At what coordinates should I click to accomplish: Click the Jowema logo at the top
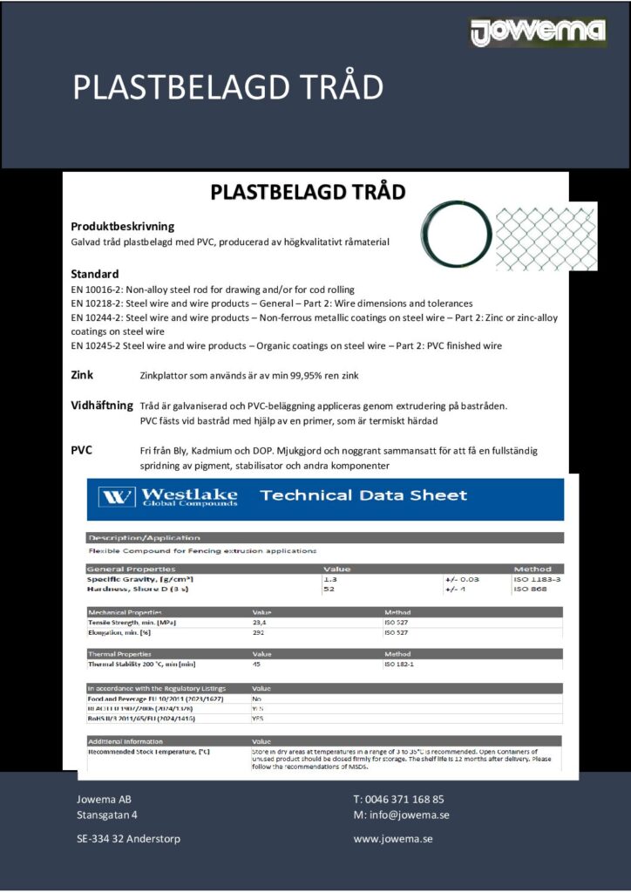537,31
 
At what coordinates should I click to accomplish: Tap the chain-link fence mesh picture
546,236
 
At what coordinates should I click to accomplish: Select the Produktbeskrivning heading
122,226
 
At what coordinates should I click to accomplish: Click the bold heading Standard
94,274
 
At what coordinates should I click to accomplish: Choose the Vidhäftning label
101,406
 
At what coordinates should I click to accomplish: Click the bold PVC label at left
82,450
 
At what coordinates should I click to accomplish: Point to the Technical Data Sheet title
363,495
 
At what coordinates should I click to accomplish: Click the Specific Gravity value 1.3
329,579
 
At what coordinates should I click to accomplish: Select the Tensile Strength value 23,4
259,623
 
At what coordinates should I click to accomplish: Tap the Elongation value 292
258,633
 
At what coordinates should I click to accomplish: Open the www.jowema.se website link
393,839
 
